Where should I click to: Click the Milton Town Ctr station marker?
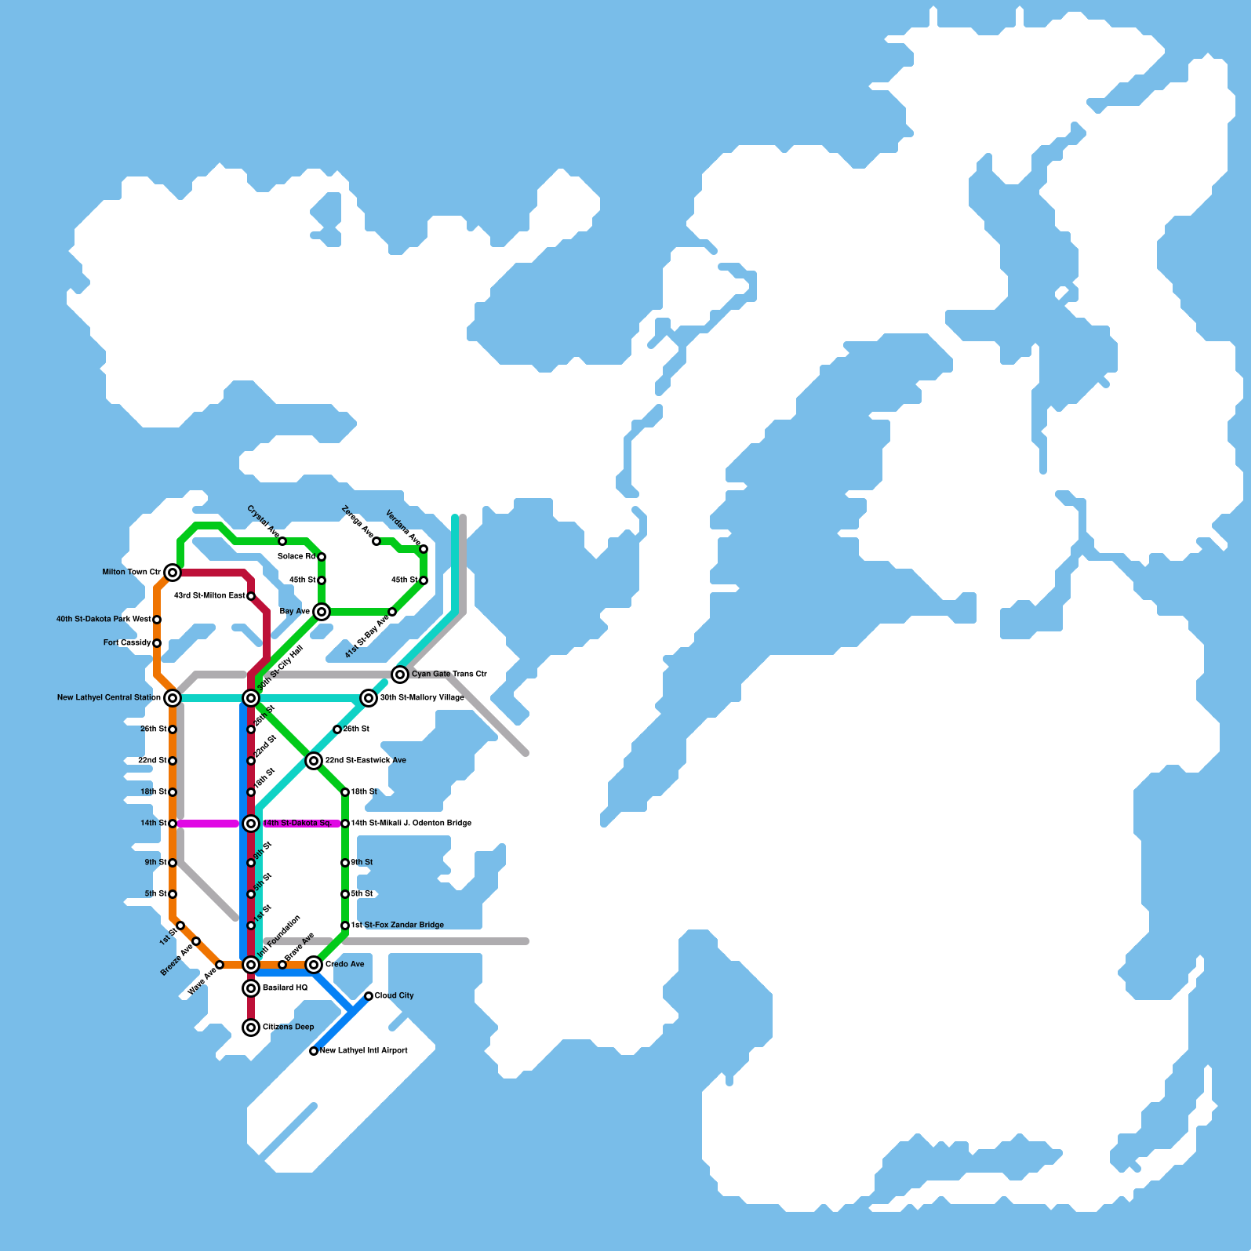[173, 573]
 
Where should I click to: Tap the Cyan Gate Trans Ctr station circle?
[400, 675]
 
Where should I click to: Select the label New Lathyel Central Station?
[108, 698]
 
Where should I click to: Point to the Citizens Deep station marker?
[251, 1028]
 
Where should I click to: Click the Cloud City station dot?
[369, 996]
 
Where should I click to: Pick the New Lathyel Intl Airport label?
[364, 1051]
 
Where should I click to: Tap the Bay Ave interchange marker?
[322, 612]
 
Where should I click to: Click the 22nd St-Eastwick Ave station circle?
[314, 761]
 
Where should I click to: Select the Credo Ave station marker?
[314, 965]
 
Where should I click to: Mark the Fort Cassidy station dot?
[157, 643]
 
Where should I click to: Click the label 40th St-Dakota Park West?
[104, 620]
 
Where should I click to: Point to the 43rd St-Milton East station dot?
[251, 596]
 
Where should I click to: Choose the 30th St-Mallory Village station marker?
[369, 698]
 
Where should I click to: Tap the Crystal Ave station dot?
[282, 541]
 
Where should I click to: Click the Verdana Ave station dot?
[424, 549]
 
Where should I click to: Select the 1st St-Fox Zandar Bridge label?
[398, 926]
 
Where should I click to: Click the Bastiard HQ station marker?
[251, 988]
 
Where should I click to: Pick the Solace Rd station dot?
[322, 557]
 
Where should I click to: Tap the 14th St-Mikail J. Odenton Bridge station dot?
[345, 824]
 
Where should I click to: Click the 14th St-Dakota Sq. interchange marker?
[251, 824]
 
